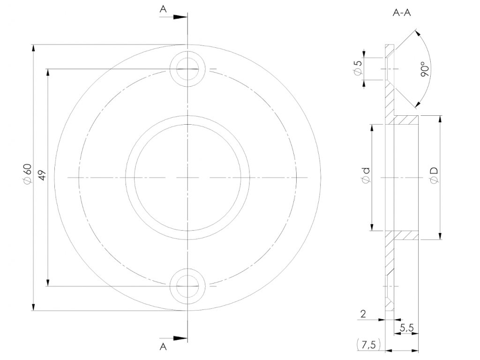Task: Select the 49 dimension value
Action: point(41,177)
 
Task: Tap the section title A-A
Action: point(402,14)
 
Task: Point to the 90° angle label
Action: point(425,69)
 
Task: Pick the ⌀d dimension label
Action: point(366,177)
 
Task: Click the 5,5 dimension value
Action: point(406,329)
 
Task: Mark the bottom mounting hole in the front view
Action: point(187,285)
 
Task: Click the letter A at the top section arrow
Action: point(163,8)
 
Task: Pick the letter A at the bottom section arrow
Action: point(163,346)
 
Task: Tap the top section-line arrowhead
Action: point(180,17)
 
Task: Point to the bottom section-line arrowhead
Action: point(180,337)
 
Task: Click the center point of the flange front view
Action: point(187,177)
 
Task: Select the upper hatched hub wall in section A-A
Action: point(406,120)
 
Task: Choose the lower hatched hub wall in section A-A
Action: point(406,235)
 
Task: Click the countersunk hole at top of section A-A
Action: point(390,69)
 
